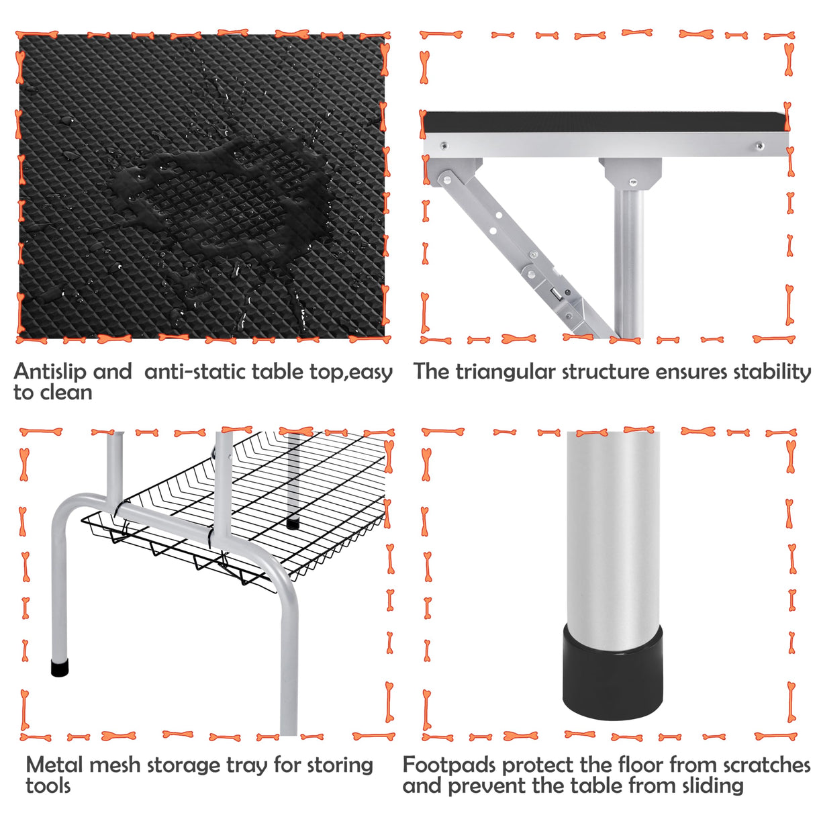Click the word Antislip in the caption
point(50,371)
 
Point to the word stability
point(771,371)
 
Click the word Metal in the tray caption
point(55,765)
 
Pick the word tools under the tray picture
point(48,785)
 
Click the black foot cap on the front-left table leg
point(60,668)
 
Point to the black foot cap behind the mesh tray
point(293,523)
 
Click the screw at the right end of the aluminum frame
point(759,146)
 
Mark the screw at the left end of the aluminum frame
point(444,145)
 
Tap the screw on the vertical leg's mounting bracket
point(632,182)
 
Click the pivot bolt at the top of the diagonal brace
point(445,178)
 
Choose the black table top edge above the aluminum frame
point(604,122)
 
